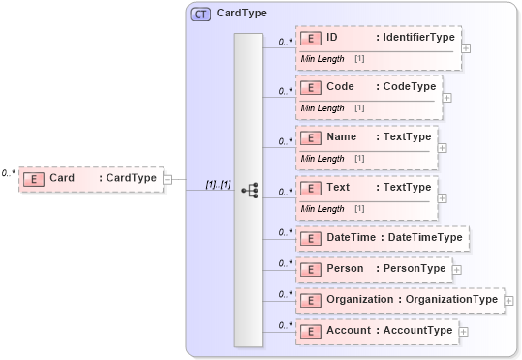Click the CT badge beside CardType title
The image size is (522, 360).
coord(201,15)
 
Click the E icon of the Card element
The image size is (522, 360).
coord(33,178)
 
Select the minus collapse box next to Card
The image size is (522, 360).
coord(168,178)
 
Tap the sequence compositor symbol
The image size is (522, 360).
coord(249,191)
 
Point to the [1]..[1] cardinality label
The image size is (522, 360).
coord(217,184)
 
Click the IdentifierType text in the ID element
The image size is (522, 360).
coord(418,38)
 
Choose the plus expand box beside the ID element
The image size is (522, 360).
coord(466,46)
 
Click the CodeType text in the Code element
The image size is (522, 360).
coord(409,86)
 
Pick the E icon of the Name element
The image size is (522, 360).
coord(312,137)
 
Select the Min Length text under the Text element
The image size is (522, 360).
coord(322,208)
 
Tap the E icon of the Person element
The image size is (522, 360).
coord(312,269)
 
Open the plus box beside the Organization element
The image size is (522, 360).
coord(508,301)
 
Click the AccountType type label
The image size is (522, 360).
coord(417,331)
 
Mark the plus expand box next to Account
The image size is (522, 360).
coord(462,332)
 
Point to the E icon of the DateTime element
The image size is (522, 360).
coord(312,238)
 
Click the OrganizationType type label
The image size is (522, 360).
coord(450,300)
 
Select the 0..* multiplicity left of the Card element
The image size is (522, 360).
coord(8,173)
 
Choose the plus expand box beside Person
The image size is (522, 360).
coord(456,270)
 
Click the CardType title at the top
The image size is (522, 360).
coord(242,15)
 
